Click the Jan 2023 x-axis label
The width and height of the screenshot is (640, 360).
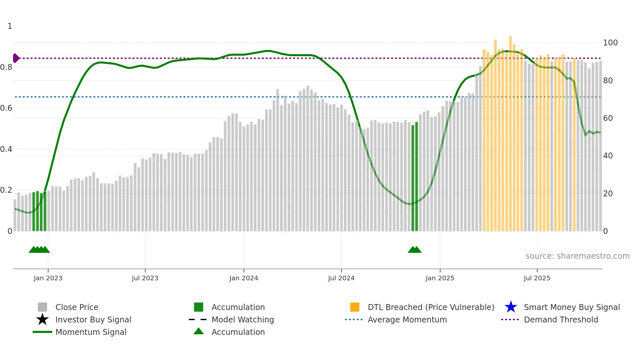[x=48, y=278]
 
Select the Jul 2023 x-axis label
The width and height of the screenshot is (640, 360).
[x=145, y=278]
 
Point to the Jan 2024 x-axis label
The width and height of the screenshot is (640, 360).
[x=244, y=278]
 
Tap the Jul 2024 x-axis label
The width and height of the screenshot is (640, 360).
[x=341, y=278]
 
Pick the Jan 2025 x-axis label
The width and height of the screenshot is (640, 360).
[x=440, y=278]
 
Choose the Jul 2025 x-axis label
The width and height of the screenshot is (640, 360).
[x=537, y=278]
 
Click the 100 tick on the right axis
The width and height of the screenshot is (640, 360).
[x=610, y=43]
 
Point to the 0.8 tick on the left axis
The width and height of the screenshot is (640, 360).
[x=6, y=67]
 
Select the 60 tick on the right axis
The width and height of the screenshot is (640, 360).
[x=608, y=118]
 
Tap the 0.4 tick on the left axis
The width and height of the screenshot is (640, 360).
[x=6, y=149]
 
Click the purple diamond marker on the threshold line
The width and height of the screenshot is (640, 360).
[x=16, y=58]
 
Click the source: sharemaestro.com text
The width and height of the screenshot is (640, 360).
[x=577, y=256]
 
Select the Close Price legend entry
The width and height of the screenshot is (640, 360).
[x=77, y=307]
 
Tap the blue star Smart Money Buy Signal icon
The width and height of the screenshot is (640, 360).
[x=511, y=307]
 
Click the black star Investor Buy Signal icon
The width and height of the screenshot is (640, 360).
[x=42, y=319]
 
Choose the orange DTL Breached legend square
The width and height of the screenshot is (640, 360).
[x=355, y=307]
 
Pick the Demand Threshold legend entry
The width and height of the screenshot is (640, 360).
[x=561, y=320]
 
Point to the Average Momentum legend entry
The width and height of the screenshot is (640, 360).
[x=407, y=320]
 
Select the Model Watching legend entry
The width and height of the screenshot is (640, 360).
[x=243, y=320]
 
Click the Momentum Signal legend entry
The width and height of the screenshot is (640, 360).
[x=91, y=332]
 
